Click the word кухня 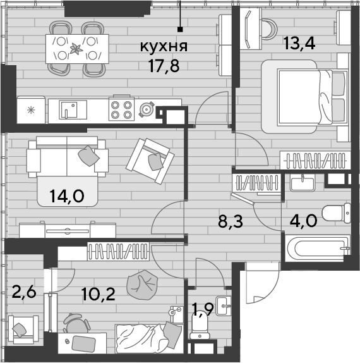click(164, 47)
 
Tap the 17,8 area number click(164, 66)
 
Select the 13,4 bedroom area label click(299, 43)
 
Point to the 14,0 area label click(67, 196)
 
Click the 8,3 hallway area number click(231, 221)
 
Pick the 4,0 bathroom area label click(303, 221)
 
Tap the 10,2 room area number click(99, 294)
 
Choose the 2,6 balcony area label click(24, 292)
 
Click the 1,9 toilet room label click(203, 309)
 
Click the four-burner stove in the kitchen click(122, 109)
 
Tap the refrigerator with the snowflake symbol click(31, 110)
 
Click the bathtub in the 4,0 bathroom click(318, 249)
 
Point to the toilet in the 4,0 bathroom click(337, 213)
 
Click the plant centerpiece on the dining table click(76, 49)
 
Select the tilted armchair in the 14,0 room click(150, 161)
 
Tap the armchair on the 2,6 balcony click(23, 329)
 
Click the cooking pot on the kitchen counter click(147, 109)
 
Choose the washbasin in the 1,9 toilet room click(223, 306)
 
